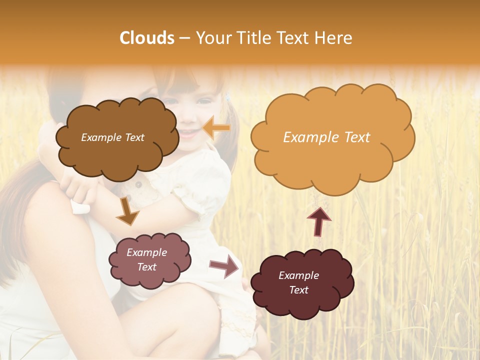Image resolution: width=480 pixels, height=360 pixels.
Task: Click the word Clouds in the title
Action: (147, 38)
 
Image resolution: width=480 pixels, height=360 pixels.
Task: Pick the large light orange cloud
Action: (332, 150)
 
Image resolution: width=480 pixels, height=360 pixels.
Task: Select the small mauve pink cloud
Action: (149, 270)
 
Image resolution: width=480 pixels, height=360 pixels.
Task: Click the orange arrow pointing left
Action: (216, 127)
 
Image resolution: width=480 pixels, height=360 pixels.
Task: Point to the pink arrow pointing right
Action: (224, 265)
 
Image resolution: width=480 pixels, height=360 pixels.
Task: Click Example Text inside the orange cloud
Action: (326, 137)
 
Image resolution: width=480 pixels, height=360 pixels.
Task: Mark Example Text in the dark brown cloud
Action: (112, 137)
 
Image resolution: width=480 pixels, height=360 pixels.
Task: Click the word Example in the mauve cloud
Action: (146, 252)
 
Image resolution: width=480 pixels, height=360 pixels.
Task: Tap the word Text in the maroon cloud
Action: (298, 290)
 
